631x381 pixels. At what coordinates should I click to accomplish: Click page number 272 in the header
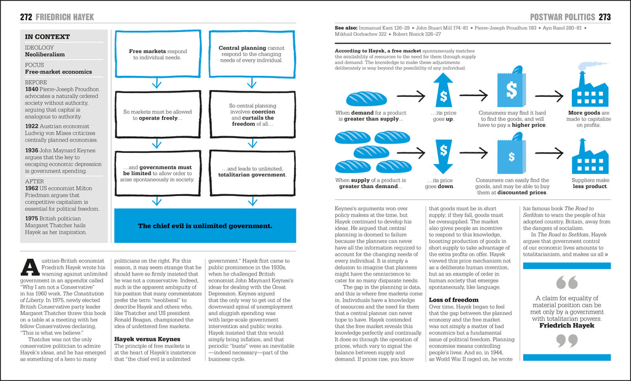click(26, 17)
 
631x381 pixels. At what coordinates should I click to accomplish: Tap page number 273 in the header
click(605, 17)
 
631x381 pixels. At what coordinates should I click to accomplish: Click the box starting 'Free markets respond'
click(157, 55)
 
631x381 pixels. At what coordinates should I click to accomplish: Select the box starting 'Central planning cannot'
click(251, 55)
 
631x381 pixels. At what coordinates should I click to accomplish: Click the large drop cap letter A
click(30, 267)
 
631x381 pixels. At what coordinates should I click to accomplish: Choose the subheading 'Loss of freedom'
click(453, 300)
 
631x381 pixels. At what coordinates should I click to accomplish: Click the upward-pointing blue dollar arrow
click(442, 91)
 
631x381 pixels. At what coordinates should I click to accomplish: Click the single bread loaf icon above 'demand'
click(366, 97)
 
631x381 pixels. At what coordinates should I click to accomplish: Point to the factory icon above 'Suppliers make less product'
click(590, 157)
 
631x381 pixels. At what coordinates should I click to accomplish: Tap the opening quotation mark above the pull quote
click(566, 283)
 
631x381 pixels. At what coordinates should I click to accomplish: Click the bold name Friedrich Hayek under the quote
click(566, 325)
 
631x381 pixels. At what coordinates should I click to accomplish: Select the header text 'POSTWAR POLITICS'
click(562, 17)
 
